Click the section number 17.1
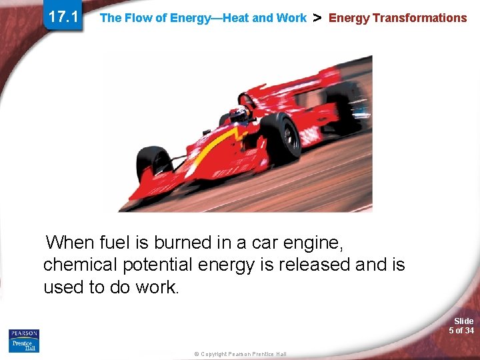(x=63, y=17)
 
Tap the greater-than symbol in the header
(x=317, y=17)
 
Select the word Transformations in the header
(x=419, y=18)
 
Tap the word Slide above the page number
(x=463, y=321)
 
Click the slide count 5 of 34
(x=461, y=331)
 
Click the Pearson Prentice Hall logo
(x=24, y=341)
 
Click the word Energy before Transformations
(x=349, y=18)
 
